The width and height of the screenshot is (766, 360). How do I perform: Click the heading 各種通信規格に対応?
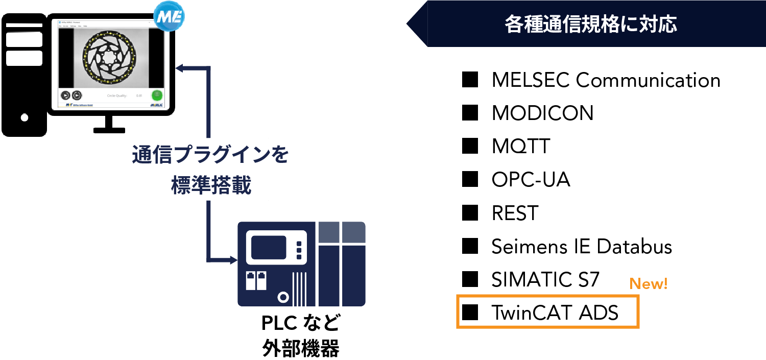591,23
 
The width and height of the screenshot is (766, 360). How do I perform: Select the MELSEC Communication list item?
606,80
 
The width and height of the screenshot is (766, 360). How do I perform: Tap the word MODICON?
542,113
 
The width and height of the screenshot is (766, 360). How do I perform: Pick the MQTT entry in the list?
521,147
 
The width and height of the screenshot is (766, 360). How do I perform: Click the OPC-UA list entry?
531,180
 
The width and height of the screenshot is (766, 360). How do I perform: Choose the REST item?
515,213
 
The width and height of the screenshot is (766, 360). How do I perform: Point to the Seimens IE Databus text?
582,247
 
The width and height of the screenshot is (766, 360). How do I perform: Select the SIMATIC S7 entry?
545,280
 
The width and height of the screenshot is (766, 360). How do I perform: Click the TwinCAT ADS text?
555,313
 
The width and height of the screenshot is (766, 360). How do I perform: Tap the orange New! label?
649,284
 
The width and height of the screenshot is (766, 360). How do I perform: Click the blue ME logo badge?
169,17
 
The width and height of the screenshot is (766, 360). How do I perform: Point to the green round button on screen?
157,95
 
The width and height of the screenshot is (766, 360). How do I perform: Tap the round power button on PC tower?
25,117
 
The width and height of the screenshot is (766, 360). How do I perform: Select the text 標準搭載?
211,186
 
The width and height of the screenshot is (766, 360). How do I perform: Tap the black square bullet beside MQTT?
469,147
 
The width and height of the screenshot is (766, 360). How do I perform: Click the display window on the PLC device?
269,247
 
